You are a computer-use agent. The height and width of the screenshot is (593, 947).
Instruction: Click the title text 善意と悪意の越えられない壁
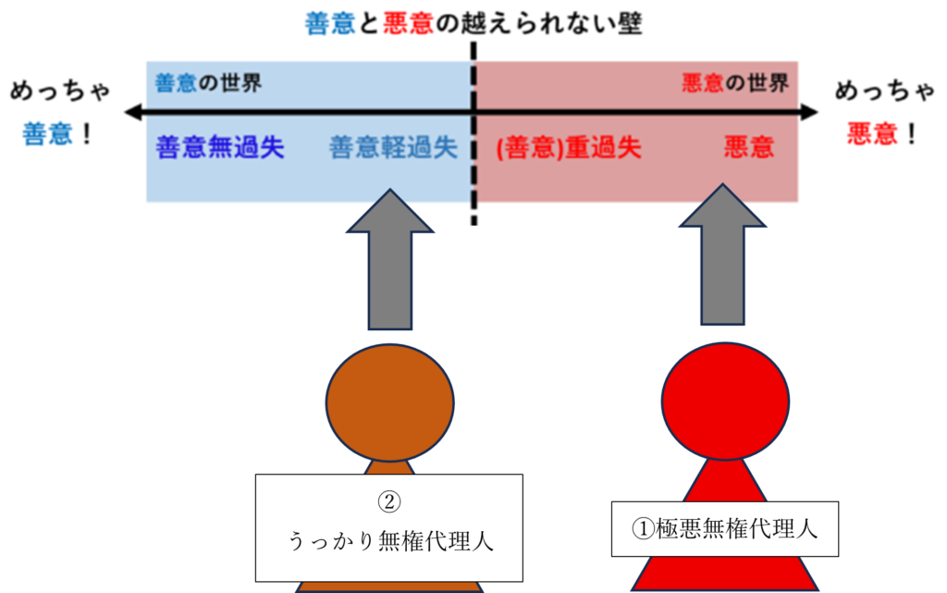(x=473, y=22)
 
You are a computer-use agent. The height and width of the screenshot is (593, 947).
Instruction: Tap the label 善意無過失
(x=220, y=148)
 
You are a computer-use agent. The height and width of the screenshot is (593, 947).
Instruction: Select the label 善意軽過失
(x=394, y=148)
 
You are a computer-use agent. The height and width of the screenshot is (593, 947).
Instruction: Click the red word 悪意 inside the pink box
(x=749, y=148)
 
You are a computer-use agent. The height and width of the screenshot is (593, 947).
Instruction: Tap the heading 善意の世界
(x=209, y=84)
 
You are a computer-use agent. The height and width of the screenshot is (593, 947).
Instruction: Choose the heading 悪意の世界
(x=735, y=84)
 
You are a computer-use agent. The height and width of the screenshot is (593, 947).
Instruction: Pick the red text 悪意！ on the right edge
(x=883, y=135)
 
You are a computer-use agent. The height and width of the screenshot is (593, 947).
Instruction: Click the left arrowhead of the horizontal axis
(x=131, y=113)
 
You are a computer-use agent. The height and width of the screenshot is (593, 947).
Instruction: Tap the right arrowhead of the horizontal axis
(x=811, y=113)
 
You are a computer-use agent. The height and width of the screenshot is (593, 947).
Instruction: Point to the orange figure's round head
(x=389, y=396)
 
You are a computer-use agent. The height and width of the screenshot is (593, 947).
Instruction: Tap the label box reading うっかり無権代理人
(x=389, y=527)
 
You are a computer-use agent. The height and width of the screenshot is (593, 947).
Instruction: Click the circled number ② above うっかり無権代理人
(x=389, y=502)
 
